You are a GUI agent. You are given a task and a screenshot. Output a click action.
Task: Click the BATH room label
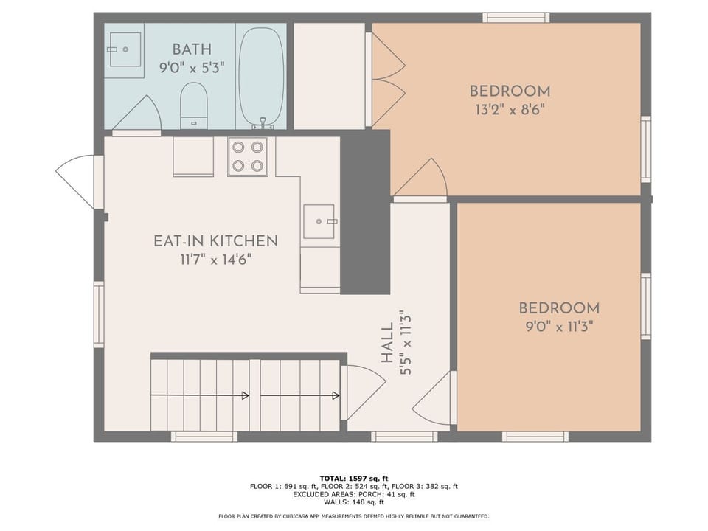[192, 49]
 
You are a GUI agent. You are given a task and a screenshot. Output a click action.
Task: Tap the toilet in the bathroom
[194, 104]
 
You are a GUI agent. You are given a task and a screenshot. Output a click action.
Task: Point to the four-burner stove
[247, 156]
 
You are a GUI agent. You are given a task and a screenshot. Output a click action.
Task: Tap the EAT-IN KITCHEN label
[215, 241]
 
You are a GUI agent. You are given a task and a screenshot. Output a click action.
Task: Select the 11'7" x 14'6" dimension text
[215, 259]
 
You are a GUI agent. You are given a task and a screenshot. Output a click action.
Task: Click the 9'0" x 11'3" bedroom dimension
[558, 327]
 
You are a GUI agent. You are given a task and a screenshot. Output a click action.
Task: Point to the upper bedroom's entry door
[421, 181]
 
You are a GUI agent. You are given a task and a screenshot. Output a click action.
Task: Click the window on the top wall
[516, 18]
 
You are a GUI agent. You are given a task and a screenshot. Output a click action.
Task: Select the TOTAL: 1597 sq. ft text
[353, 478]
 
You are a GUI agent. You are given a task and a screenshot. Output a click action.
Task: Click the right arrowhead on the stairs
[336, 396]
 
